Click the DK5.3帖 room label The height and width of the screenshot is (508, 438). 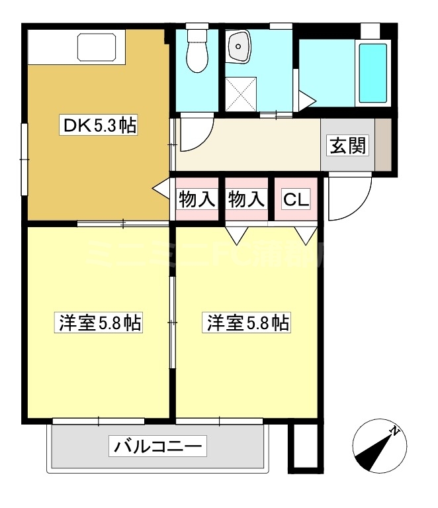pyautogui.click(x=99, y=126)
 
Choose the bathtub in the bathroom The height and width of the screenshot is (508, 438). pyautogui.click(x=372, y=72)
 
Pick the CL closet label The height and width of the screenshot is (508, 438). pyautogui.click(x=296, y=199)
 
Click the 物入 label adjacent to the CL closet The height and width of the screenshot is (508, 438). pyautogui.click(x=246, y=199)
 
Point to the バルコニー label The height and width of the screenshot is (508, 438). pyautogui.click(x=157, y=446)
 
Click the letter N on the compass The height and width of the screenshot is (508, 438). pyautogui.click(x=395, y=431)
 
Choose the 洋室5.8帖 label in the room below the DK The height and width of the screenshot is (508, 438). pyautogui.click(x=99, y=323)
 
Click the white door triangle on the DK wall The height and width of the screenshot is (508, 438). pyautogui.click(x=161, y=189)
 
